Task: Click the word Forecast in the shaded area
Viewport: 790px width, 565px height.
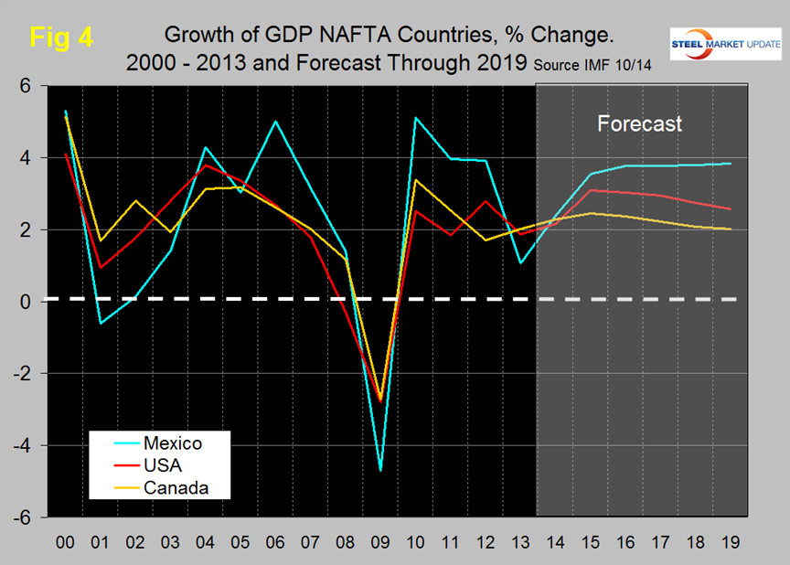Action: [x=639, y=123]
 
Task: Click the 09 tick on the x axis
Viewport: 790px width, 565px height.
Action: [x=380, y=540]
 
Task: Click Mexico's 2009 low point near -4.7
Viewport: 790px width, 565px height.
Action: [x=380, y=470]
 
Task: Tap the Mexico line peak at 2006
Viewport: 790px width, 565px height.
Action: [x=275, y=122]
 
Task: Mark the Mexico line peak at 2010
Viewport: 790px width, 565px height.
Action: [x=416, y=118]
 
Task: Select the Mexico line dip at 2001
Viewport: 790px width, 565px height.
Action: [x=100, y=323]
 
